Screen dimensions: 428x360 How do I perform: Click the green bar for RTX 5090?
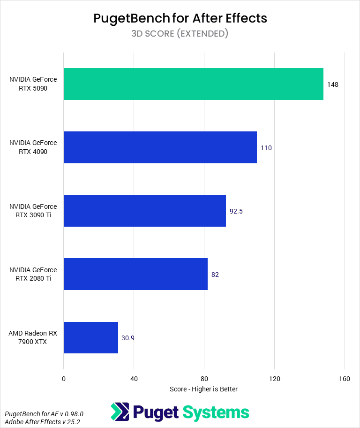(193, 84)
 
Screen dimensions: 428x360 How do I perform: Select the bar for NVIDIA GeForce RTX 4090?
(160, 147)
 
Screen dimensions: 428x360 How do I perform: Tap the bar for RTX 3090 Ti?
(144, 211)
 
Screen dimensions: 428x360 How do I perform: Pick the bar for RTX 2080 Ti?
(135, 274)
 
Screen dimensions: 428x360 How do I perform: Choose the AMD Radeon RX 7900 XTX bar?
(90, 337)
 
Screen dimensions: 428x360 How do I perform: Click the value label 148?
(333, 84)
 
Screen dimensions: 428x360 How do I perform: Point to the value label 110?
(266, 148)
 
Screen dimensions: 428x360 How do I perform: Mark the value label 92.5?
(236, 211)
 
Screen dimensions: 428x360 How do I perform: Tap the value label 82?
(215, 275)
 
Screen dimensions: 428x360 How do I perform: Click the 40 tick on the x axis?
(134, 379)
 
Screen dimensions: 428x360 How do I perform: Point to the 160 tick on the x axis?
(345, 379)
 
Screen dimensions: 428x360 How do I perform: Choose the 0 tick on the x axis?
(63, 379)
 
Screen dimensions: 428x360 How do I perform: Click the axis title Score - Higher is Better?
(204, 389)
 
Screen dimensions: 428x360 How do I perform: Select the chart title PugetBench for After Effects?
(180, 18)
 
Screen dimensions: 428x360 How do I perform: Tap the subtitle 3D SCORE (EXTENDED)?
(180, 33)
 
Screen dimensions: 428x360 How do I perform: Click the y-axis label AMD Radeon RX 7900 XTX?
(33, 337)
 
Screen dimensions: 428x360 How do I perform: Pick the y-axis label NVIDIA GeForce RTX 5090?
(33, 84)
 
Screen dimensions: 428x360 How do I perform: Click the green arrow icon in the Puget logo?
(120, 412)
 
